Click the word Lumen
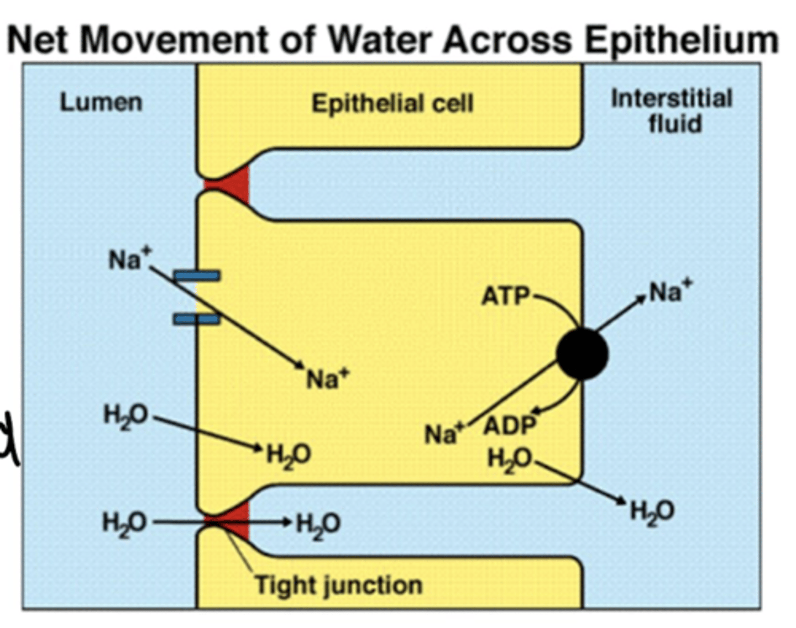tap(101, 102)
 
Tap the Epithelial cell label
tap(392, 103)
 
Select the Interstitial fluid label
tap(672, 110)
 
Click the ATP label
tap(505, 297)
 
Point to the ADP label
tap(510, 425)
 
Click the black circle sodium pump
tap(582, 354)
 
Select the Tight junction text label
tap(338, 584)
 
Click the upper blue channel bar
tap(197, 275)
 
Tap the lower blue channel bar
tap(197, 318)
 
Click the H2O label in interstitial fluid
tap(652, 511)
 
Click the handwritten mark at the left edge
tap(9, 436)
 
